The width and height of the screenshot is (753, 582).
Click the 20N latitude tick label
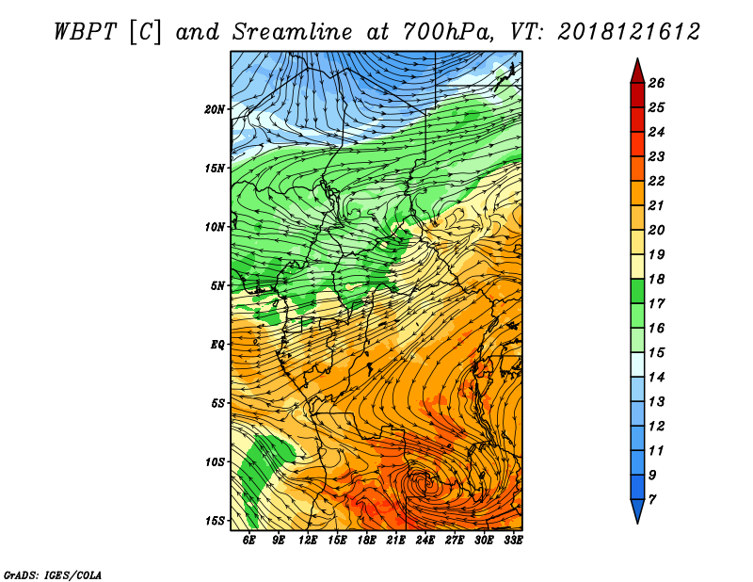[x=215, y=109]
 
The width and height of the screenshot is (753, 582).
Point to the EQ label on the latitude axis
[x=217, y=345]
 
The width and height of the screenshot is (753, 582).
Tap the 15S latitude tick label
[x=215, y=521]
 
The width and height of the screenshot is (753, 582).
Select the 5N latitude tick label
[x=217, y=286]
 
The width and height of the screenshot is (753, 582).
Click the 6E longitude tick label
[x=248, y=540]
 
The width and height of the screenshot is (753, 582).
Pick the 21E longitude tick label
[x=395, y=540]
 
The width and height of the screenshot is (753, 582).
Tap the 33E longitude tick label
[x=513, y=540]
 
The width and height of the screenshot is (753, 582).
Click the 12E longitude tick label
[x=308, y=540]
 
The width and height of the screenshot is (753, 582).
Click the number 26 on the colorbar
[x=656, y=83]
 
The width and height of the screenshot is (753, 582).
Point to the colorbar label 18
[x=656, y=279]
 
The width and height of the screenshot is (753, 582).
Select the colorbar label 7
[x=651, y=500]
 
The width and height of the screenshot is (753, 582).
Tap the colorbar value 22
[x=656, y=181]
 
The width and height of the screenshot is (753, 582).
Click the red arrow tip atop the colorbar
[x=637, y=58]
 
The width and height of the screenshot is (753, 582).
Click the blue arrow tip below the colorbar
[x=637, y=524]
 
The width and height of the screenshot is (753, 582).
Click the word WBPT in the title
[x=85, y=32]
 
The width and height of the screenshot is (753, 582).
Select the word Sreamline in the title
[x=293, y=32]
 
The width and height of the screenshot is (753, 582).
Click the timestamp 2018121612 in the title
[x=629, y=32]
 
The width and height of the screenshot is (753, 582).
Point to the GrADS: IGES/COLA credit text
[x=53, y=575]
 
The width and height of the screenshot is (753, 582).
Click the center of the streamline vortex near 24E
[x=423, y=482]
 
